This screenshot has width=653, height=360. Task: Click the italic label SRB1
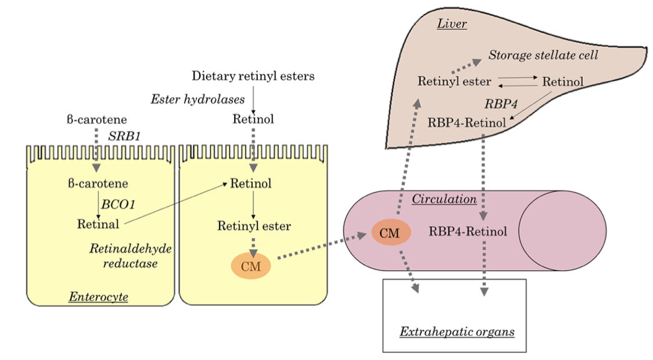125,136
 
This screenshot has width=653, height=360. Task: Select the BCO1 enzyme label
118,204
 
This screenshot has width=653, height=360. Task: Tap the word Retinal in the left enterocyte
98,224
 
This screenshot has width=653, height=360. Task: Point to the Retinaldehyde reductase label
131,256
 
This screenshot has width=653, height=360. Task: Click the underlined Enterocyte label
99,297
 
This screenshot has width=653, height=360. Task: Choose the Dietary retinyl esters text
253,76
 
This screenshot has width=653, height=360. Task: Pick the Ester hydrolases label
198,100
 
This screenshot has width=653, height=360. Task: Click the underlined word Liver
452,24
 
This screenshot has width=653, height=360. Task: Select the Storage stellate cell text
544,55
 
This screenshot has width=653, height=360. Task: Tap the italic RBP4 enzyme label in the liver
501,104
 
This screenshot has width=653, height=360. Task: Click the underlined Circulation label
445,199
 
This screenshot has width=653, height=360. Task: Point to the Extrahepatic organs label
457,332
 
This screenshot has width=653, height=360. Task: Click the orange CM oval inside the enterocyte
251,266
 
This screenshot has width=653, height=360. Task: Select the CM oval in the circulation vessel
391,233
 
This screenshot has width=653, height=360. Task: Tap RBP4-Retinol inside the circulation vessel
468,231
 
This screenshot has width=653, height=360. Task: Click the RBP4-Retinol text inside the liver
467,123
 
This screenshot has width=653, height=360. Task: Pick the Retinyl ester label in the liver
454,82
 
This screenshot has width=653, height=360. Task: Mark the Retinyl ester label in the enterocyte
254,226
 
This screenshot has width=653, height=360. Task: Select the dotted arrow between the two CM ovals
321,247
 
